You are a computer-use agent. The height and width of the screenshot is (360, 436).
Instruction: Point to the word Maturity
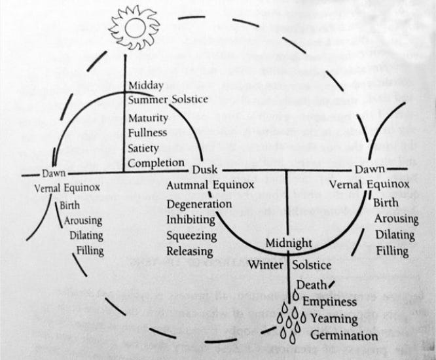click(x=149, y=118)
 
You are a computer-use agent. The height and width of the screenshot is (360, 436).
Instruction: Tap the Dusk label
click(x=204, y=170)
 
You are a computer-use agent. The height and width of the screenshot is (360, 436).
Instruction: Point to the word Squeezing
click(x=193, y=235)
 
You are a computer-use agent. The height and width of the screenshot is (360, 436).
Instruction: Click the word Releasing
click(x=190, y=251)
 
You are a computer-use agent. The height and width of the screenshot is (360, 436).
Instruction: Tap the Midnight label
click(x=288, y=243)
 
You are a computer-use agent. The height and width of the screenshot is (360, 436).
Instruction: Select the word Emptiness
click(x=329, y=302)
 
